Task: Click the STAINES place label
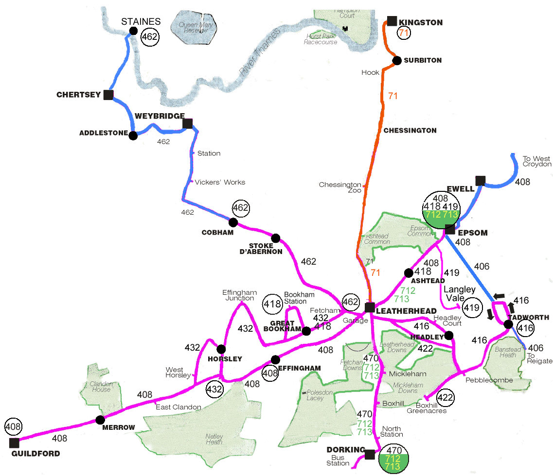pos(141,21)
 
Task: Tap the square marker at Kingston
pos(392,21)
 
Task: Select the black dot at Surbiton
pos(396,61)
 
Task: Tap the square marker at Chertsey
pos(108,95)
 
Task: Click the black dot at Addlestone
pos(133,136)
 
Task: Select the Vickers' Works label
pos(220,182)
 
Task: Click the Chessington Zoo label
pos(340,187)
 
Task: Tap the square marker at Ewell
pos(481,181)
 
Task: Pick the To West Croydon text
pos(537,161)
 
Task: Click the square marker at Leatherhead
pos(370,307)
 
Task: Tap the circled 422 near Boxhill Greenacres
pos(445,398)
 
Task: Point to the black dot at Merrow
pos(100,420)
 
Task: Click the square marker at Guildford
pos(14,443)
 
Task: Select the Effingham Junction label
pos(239,295)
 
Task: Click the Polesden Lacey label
pos(315,395)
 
